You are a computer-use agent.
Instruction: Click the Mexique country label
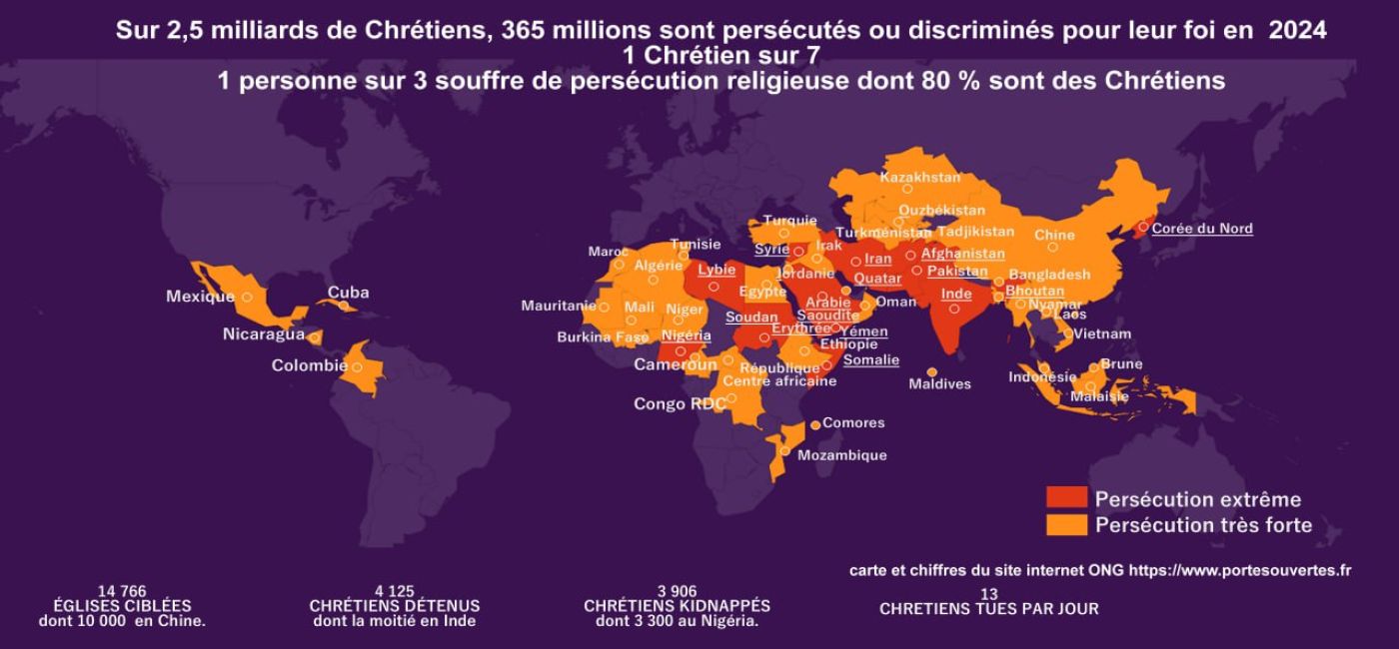click(x=200, y=297)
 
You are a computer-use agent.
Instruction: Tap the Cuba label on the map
click(x=348, y=293)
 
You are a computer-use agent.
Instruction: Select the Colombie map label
click(x=309, y=365)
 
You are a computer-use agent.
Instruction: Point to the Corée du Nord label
click(x=1201, y=229)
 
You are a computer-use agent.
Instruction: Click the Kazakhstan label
click(x=919, y=178)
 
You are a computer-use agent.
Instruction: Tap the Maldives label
click(x=939, y=384)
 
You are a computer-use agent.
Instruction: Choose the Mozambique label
click(x=841, y=455)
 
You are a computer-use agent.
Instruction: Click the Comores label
click(x=853, y=423)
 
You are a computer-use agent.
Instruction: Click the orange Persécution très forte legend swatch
click(x=1065, y=524)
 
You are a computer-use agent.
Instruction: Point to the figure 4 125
click(x=394, y=592)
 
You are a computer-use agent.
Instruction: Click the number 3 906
click(x=677, y=592)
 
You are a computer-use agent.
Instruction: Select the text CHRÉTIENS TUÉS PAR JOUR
click(x=988, y=609)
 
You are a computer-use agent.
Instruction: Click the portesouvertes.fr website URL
click(x=1239, y=571)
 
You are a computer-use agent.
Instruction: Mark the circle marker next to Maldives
click(x=932, y=371)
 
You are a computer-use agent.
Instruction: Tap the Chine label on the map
click(x=1054, y=236)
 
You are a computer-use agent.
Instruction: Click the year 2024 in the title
click(x=1298, y=31)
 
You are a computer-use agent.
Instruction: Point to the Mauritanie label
click(x=558, y=306)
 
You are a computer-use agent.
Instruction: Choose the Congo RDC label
click(x=679, y=404)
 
